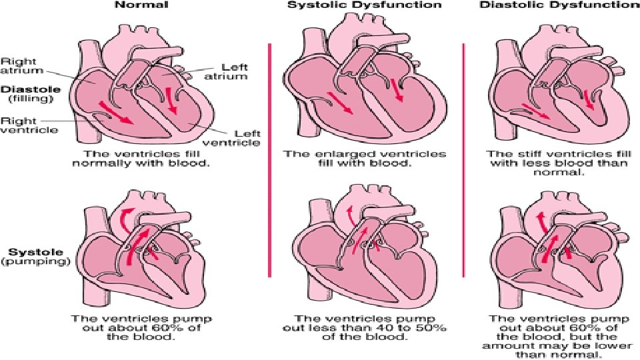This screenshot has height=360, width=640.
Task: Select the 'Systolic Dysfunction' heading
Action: tap(364, 5)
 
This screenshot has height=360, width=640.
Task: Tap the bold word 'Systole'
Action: tap(27, 253)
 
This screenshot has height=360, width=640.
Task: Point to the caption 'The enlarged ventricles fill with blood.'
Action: tap(365, 158)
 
